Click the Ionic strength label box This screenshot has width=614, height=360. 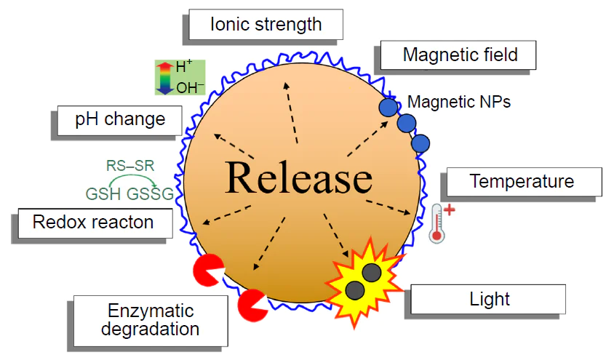266,24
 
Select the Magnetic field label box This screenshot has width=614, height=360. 460,55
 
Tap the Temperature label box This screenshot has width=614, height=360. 522,181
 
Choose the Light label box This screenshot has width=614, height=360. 490,299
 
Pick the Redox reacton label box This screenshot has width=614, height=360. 93,222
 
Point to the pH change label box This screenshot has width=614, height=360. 120,119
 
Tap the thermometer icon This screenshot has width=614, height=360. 438,223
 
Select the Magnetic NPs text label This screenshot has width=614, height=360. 458,102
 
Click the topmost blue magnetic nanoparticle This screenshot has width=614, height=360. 388,108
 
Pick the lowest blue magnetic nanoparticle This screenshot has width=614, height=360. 420,143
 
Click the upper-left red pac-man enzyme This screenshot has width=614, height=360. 208,270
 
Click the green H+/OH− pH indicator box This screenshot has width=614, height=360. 180,77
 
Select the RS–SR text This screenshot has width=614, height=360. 130,166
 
